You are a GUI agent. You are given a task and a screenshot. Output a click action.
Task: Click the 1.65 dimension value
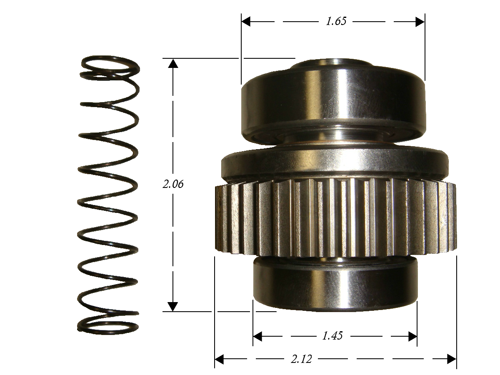click(x=336, y=21)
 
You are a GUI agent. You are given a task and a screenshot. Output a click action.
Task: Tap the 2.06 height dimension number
click(x=173, y=184)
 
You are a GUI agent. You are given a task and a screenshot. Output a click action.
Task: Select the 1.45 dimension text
click(x=332, y=336)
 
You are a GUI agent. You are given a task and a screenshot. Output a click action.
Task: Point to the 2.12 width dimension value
click(x=301, y=359)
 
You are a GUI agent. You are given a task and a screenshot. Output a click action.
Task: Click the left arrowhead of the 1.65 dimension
click(x=246, y=22)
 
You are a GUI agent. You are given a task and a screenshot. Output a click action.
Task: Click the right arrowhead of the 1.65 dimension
click(x=420, y=22)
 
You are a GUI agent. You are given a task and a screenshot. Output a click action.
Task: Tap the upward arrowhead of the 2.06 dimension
click(x=173, y=63)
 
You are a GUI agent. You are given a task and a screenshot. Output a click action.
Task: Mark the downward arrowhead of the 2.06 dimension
click(x=172, y=307)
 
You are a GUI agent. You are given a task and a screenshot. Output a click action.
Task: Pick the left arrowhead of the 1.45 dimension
click(x=257, y=336)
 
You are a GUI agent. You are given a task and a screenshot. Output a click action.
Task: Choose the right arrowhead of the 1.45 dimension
click(x=412, y=336)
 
